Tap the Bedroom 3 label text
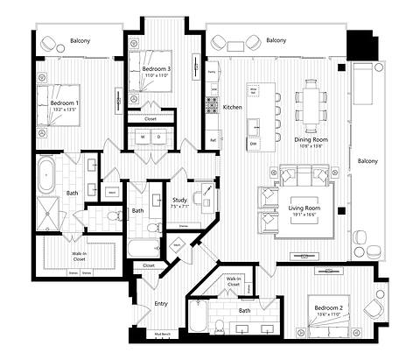click(156, 68)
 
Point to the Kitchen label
click(232, 107)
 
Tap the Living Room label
click(304, 208)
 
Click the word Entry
click(161, 304)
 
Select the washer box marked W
click(143, 138)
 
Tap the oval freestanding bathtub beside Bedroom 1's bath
click(48, 175)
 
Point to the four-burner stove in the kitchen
click(211, 106)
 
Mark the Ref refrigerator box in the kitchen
click(213, 139)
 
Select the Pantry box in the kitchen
click(212, 73)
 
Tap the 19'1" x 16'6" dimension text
click(304, 215)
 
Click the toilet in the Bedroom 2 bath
click(197, 325)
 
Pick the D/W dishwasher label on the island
click(253, 143)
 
